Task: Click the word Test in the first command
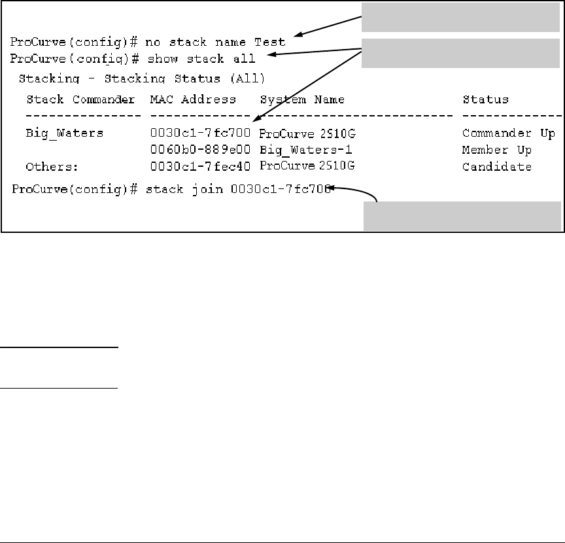270,42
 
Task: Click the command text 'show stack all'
202,59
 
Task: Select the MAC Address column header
193,99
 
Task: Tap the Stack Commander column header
80,99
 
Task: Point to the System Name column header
302,99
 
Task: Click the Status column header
485,99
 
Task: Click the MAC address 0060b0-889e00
200,150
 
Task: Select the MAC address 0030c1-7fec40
200,166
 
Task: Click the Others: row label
52,166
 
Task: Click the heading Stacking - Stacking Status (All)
141,79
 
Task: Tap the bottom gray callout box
462,216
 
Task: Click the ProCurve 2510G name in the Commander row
307,134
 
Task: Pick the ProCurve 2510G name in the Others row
307,166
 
